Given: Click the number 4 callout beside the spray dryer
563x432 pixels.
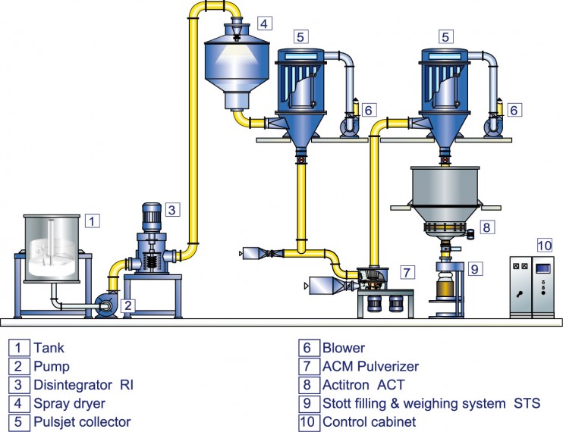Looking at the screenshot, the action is pos(264,23).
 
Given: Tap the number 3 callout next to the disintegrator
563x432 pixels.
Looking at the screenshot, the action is pos(172,209).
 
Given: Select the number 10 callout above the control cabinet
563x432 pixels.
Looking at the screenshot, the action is pos(544,246).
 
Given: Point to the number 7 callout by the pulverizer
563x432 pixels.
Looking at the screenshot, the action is pos(407,272).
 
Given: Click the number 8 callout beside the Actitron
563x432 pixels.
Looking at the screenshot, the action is pos(486,227).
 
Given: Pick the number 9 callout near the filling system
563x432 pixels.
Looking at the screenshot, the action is pos(475,268).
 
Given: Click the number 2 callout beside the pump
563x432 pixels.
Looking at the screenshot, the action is pos(127,305).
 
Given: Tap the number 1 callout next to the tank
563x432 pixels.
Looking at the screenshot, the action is pos(93,221).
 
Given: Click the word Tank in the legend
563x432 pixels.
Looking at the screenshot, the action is pos(49,348).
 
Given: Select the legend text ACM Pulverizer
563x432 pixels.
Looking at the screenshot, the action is pos(370,366).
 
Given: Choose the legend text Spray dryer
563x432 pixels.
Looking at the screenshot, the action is pos(69,404).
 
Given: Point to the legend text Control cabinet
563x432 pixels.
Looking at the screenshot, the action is pos(369,422).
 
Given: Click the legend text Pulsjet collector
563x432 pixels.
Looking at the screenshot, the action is pos(82,422).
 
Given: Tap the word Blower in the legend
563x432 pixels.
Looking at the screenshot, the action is pos(344,348).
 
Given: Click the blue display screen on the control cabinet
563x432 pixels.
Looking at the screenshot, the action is pos(543,269).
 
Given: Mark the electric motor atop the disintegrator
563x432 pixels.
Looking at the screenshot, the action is pos(152,218).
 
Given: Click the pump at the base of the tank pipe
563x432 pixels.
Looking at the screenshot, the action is pos(106,305).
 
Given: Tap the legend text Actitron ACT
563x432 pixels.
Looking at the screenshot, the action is pos(363,385).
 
